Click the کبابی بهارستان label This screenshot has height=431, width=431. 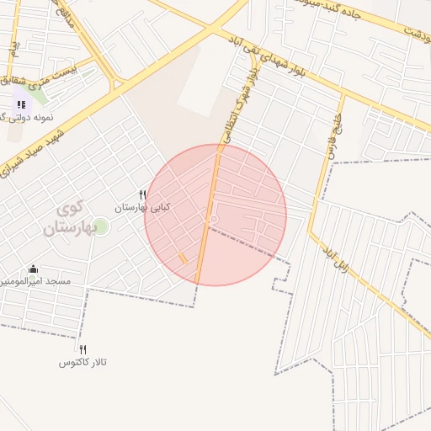(142, 206)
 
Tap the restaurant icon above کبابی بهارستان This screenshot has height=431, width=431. (142, 194)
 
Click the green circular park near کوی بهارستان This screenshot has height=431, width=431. (100, 226)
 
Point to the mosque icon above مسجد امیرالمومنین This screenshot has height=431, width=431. (33, 269)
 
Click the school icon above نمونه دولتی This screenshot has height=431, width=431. (21, 104)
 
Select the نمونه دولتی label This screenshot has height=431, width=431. (34, 117)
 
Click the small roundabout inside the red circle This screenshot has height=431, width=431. (214, 221)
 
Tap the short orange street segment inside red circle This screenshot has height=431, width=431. (183, 258)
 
